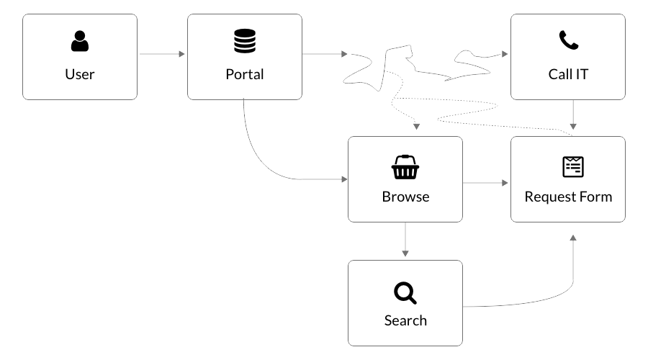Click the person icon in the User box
tap(80, 42)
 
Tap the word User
tap(80, 74)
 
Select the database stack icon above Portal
tap(245, 42)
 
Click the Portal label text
tap(245, 74)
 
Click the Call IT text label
tap(568, 74)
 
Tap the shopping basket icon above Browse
tap(405, 167)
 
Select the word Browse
tap(405, 197)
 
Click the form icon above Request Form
tap(573, 166)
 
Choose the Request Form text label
tap(568, 197)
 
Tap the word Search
tap(405, 320)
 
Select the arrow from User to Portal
tap(162, 54)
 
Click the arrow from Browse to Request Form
tap(486, 183)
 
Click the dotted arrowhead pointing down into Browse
tap(416, 127)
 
